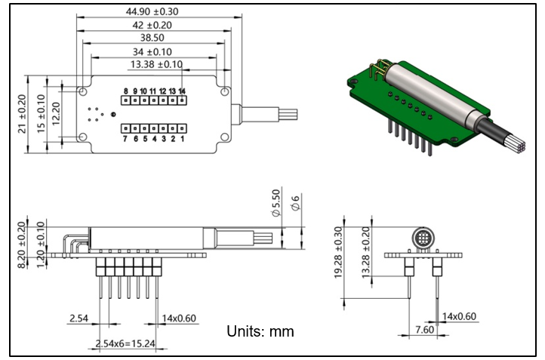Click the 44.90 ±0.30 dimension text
point(154,11)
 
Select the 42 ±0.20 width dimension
point(154,25)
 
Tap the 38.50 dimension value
point(154,38)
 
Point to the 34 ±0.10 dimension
point(154,51)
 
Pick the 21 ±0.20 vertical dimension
point(22,113)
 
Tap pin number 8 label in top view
point(126,91)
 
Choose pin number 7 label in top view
point(125,139)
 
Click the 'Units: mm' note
point(260,331)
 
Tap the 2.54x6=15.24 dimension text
point(125,344)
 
